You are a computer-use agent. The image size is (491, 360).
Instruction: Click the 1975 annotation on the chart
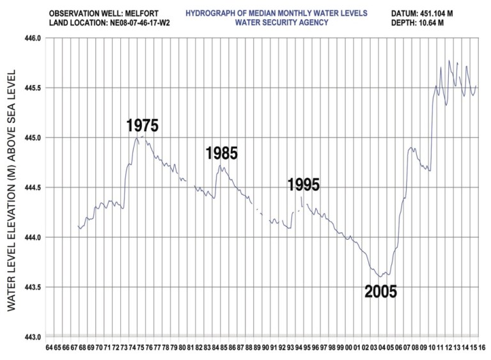[x=142, y=125]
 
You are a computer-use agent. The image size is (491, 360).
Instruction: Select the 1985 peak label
[x=221, y=153]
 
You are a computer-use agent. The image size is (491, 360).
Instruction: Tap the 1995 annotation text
[x=303, y=185]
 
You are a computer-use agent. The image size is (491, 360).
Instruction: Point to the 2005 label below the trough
[x=380, y=292]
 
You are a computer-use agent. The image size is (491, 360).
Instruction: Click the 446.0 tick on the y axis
[x=33, y=38]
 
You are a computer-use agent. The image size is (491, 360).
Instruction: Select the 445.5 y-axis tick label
[x=33, y=88]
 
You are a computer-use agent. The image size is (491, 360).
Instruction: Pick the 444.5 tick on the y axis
[x=33, y=188]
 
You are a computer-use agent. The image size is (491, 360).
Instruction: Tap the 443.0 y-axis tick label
[x=33, y=338]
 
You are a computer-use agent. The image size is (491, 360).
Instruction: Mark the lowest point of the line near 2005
[x=380, y=276]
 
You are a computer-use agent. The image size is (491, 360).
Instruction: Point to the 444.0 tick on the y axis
[x=33, y=238]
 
